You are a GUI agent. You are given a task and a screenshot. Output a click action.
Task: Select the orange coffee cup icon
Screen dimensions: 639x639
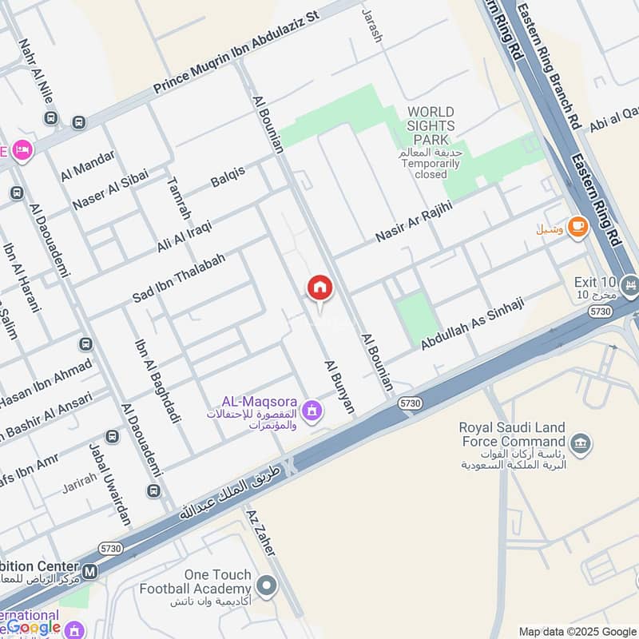click(x=577, y=227)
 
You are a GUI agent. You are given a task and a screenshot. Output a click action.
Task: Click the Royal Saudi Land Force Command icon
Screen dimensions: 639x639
click(x=581, y=443)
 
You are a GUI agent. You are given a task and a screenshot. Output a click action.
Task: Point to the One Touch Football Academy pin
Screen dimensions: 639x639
click(x=268, y=587)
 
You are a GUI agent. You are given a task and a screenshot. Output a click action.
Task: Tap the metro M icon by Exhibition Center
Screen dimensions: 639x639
click(x=91, y=572)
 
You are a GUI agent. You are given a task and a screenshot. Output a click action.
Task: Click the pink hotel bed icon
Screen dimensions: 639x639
click(x=22, y=149)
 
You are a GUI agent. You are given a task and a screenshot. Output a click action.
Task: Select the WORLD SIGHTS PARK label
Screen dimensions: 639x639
click(x=431, y=126)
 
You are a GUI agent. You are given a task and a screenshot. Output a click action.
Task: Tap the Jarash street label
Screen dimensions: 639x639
click(x=372, y=26)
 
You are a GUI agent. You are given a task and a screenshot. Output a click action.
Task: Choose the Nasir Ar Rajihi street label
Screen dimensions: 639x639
click(x=414, y=221)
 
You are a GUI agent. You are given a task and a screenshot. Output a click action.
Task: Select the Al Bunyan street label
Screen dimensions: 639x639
click(x=339, y=386)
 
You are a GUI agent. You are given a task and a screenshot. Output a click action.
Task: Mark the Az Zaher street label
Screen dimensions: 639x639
click(x=261, y=533)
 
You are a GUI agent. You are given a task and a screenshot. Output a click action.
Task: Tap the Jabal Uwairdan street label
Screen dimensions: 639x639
click(x=110, y=484)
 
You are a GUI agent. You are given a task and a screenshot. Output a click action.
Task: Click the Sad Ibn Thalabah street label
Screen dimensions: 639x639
click(x=179, y=277)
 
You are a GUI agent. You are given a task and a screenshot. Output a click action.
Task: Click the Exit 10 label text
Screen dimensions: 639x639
click(x=595, y=283)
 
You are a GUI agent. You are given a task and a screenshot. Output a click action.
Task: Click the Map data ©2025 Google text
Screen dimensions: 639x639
click(x=577, y=631)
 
